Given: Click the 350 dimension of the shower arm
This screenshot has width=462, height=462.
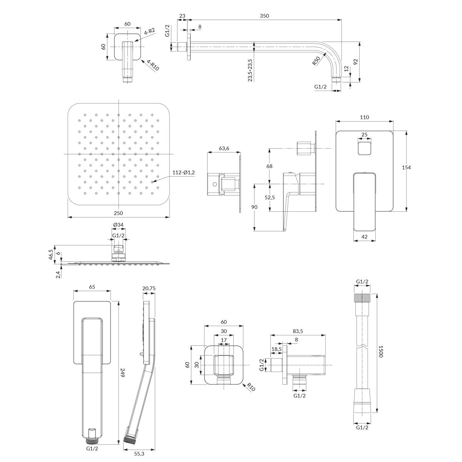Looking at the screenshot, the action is pyautogui.click(x=264, y=16).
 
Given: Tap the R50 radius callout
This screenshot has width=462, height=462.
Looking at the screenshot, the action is pyautogui.click(x=316, y=61).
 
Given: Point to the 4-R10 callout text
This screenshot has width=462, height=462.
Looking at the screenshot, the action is pyautogui.click(x=153, y=65).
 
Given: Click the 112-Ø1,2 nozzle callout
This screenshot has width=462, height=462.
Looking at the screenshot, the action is pyautogui.click(x=184, y=172).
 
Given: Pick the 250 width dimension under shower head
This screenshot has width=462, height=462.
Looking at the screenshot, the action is pyautogui.click(x=119, y=213).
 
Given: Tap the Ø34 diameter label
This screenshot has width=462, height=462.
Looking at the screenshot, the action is pyautogui.click(x=118, y=224).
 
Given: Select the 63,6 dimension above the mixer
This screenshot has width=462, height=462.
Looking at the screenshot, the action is pyautogui.click(x=224, y=148).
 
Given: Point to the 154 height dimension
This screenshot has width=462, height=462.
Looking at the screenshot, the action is pyautogui.click(x=407, y=167).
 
